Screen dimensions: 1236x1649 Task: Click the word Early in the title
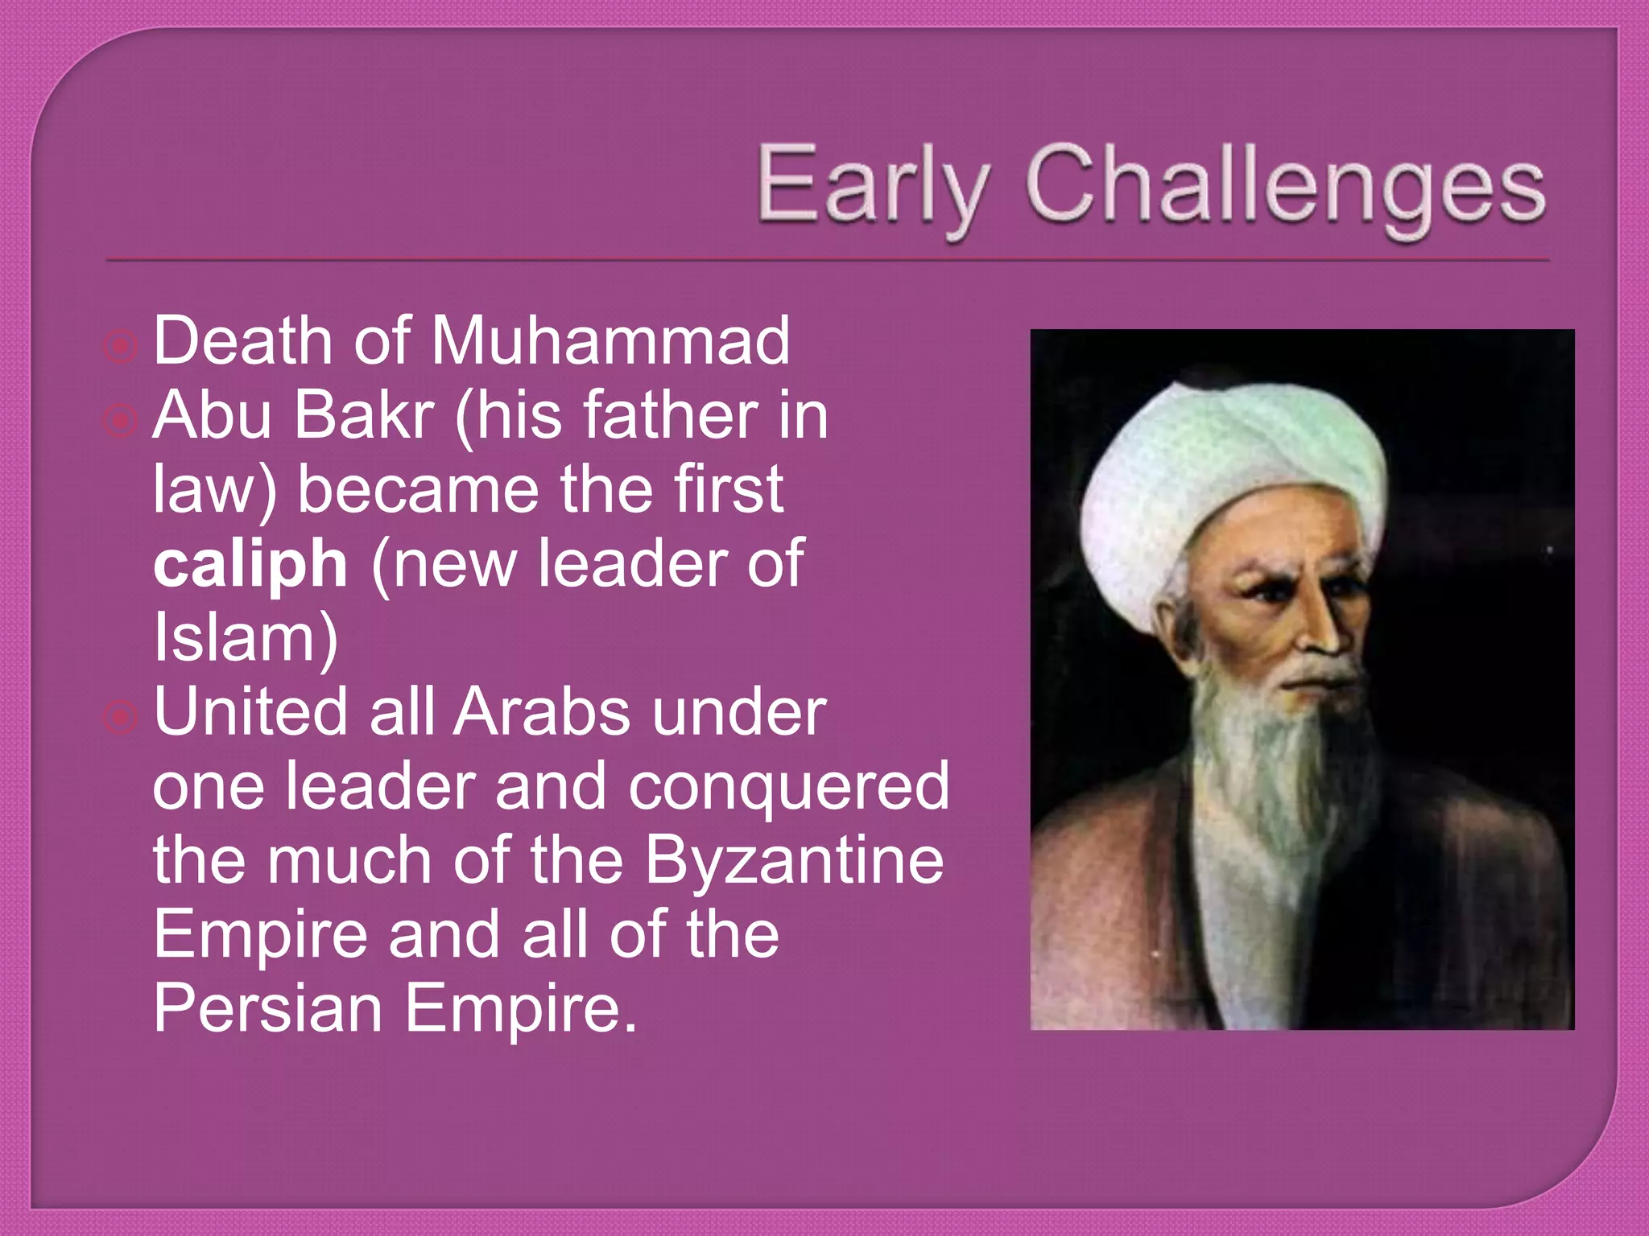[x=873, y=184]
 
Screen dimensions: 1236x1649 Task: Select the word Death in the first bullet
[x=242, y=341]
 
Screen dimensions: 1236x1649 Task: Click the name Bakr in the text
[x=365, y=416]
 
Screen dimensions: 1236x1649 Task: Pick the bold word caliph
[x=250, y=564]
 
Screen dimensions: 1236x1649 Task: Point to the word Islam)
[x=246, y=638]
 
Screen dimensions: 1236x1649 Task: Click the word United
[x=250, y=712]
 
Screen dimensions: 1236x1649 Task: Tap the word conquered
[x=788, y=787]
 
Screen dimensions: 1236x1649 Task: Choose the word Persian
[x=267, y=1008]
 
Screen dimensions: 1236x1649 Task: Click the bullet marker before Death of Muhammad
[x=121, y=346]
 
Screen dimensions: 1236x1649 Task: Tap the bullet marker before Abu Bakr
[x=121, y=420]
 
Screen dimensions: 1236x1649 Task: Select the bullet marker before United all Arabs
[x=121, y=717]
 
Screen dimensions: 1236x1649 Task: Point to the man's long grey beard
[x=1264, y=764]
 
